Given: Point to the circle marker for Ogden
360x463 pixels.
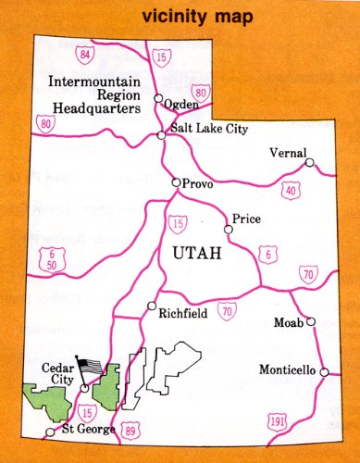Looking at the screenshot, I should point(158,98).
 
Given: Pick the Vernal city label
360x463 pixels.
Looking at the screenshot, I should point(287,153).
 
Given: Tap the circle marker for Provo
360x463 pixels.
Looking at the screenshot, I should point(176,183).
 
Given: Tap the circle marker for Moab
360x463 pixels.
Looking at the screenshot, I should point(311,322).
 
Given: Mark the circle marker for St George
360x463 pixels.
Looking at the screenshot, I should point(50,432).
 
